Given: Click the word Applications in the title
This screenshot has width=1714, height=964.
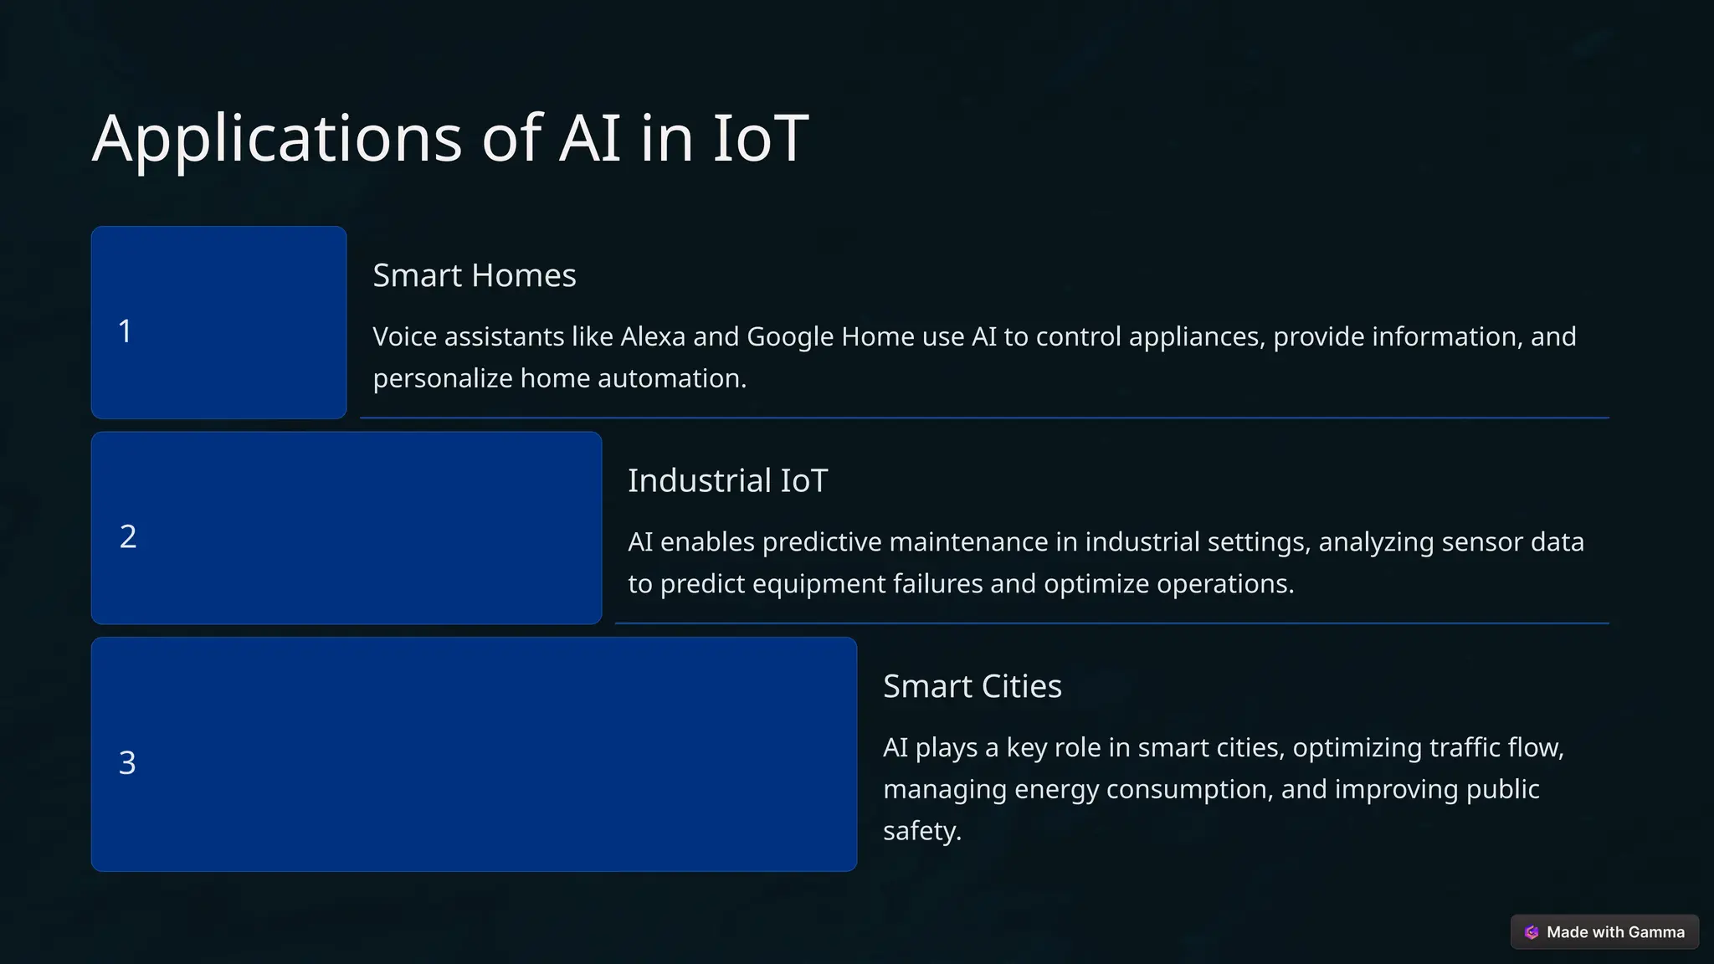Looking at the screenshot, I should [276, 138].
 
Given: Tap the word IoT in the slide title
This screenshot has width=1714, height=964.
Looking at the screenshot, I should [760, 138].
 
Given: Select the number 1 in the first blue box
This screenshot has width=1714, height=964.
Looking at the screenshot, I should [126, 331].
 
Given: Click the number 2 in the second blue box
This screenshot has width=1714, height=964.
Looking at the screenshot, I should [128, 536].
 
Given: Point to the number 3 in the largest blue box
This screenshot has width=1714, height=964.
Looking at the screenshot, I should [127, 763].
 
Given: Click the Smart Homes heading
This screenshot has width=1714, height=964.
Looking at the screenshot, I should [474, 275].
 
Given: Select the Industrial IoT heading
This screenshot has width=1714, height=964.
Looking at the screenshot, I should [727, 481].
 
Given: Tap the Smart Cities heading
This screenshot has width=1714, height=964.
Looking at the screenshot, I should [972, 686].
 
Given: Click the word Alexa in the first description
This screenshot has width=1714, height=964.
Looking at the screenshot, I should [653, 336].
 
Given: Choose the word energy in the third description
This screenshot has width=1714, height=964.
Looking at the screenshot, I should [1054, 790].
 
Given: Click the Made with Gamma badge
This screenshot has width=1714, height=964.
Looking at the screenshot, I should [1604, 932].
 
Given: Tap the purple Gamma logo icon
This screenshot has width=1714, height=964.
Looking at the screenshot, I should [1532, 932].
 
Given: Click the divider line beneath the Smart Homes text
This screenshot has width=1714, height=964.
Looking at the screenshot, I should [984, 418].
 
